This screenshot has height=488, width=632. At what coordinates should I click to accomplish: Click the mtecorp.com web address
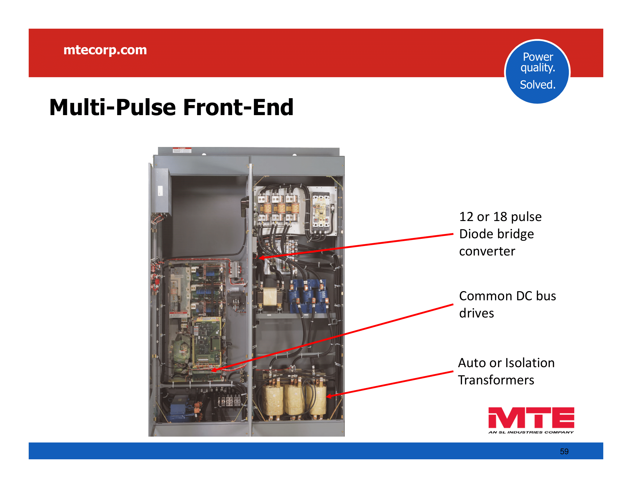coord(105,50)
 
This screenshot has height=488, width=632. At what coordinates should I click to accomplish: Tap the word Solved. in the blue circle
coord(538,85)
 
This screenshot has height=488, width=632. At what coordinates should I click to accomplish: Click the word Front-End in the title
coord(238,108)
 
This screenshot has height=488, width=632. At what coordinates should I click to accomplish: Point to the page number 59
coord(564,452)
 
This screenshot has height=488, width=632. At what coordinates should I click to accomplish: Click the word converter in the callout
coord(487,251)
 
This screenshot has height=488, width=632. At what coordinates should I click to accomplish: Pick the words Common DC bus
coord(507,296)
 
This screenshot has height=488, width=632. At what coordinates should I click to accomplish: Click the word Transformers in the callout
coord(496,380)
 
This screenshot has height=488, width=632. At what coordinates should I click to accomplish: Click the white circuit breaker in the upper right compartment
coord(321,212)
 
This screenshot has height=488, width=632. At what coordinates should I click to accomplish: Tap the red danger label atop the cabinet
coord(182,150)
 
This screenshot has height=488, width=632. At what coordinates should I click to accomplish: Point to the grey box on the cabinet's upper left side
coord(160,191)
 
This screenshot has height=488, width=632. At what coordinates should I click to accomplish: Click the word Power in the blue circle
coord(538,57)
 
